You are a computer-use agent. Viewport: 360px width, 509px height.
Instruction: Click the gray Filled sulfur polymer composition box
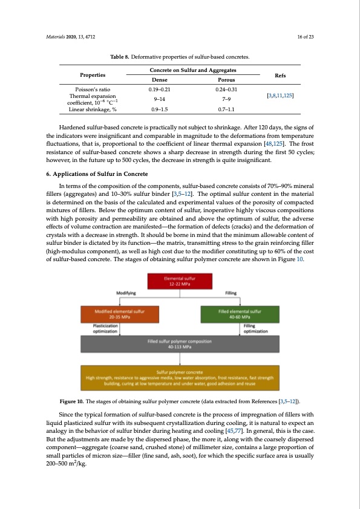(180, 345)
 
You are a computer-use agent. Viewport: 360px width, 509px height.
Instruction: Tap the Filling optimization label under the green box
(252, 328)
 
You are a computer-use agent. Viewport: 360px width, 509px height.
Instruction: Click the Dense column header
(156, 79)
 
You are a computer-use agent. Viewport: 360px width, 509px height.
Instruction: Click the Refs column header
(281, 75)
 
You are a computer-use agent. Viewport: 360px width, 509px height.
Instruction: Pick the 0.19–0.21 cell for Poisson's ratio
(156, 89)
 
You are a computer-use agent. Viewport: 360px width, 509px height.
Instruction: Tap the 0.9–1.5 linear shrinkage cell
(156, 109)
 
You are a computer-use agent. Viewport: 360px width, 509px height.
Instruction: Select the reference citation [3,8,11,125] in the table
(281, 96)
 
